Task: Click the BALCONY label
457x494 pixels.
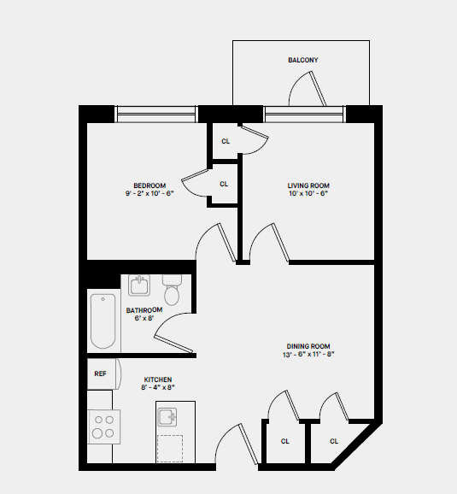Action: (302, 60)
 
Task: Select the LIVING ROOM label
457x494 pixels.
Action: (308, 185)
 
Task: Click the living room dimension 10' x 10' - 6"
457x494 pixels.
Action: (308, 194)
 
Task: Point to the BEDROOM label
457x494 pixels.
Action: (149, 185)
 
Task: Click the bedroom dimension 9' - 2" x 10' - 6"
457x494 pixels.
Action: (149, 194)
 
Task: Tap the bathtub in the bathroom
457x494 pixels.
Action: (103, 321)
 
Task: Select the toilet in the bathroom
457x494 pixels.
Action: (172, 291)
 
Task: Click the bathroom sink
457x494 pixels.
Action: (139, 284)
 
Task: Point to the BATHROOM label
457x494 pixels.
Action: (144, 310)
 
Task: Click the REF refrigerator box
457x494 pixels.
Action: (101, 373)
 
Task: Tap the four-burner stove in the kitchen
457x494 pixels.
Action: (103, 426)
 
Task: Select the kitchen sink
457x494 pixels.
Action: (167, 416)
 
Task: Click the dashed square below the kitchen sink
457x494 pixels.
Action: (170, 448)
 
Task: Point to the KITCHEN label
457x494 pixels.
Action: (158, 379)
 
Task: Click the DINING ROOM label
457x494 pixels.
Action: (308, 346)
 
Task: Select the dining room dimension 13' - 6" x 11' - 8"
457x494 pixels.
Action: (308, 356)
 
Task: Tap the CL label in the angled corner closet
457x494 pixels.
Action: (334, 441)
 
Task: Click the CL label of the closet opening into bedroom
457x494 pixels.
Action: (224, 184)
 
